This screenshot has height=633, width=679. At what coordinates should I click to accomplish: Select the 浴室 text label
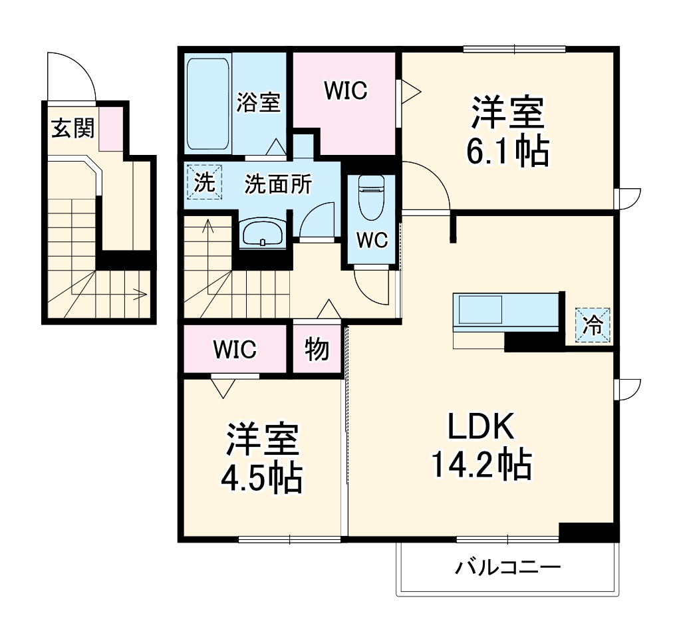(259, 103)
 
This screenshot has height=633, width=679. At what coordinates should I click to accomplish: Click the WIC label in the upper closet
(345, 91)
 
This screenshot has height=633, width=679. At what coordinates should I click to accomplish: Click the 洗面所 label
(277, 184)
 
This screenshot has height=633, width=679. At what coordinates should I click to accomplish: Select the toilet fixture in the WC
(370, 197)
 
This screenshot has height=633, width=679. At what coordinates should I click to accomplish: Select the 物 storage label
(317, 348)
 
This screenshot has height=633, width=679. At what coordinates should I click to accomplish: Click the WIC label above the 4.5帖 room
(235, 349)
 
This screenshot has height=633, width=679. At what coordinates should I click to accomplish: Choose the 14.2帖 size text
(481, 465)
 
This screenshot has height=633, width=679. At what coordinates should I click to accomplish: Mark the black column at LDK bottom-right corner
(587, 532)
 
